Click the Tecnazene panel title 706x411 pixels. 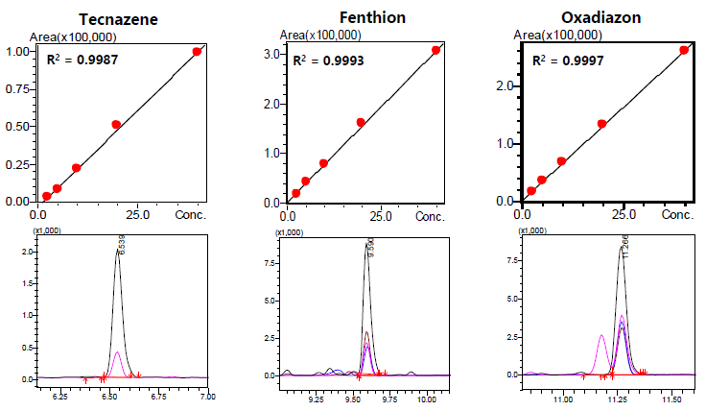tap(119, 19)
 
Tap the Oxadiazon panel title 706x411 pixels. tap(604, 16)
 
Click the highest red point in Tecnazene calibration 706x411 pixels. tap(197, 52)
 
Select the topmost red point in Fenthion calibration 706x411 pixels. tap(435, 50)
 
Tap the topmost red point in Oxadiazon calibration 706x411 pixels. tap(684, 50)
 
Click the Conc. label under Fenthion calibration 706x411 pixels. tap(429, 217)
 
